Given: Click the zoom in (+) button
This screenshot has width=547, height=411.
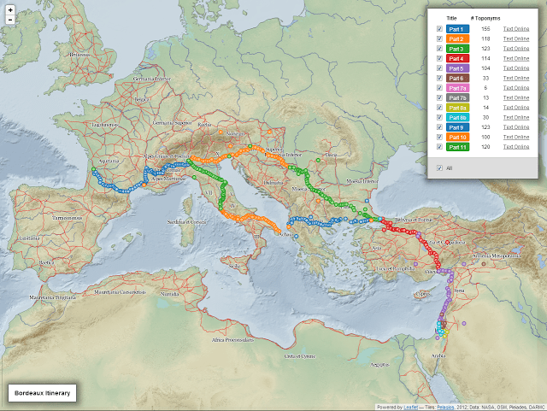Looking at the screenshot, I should point(9,9).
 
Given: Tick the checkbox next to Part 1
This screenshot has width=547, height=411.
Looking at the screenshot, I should point(439,29).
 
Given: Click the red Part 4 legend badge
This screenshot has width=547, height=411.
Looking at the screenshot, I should point(457,58).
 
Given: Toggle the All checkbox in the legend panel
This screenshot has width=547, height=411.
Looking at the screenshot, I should point(439,167).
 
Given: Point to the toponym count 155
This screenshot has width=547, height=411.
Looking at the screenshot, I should point(485,29).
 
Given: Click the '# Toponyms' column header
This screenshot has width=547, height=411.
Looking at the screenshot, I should point(485,17).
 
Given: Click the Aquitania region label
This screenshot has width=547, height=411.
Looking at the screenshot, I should point(109,160).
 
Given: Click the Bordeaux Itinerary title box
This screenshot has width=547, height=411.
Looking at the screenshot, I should point(42,392).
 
